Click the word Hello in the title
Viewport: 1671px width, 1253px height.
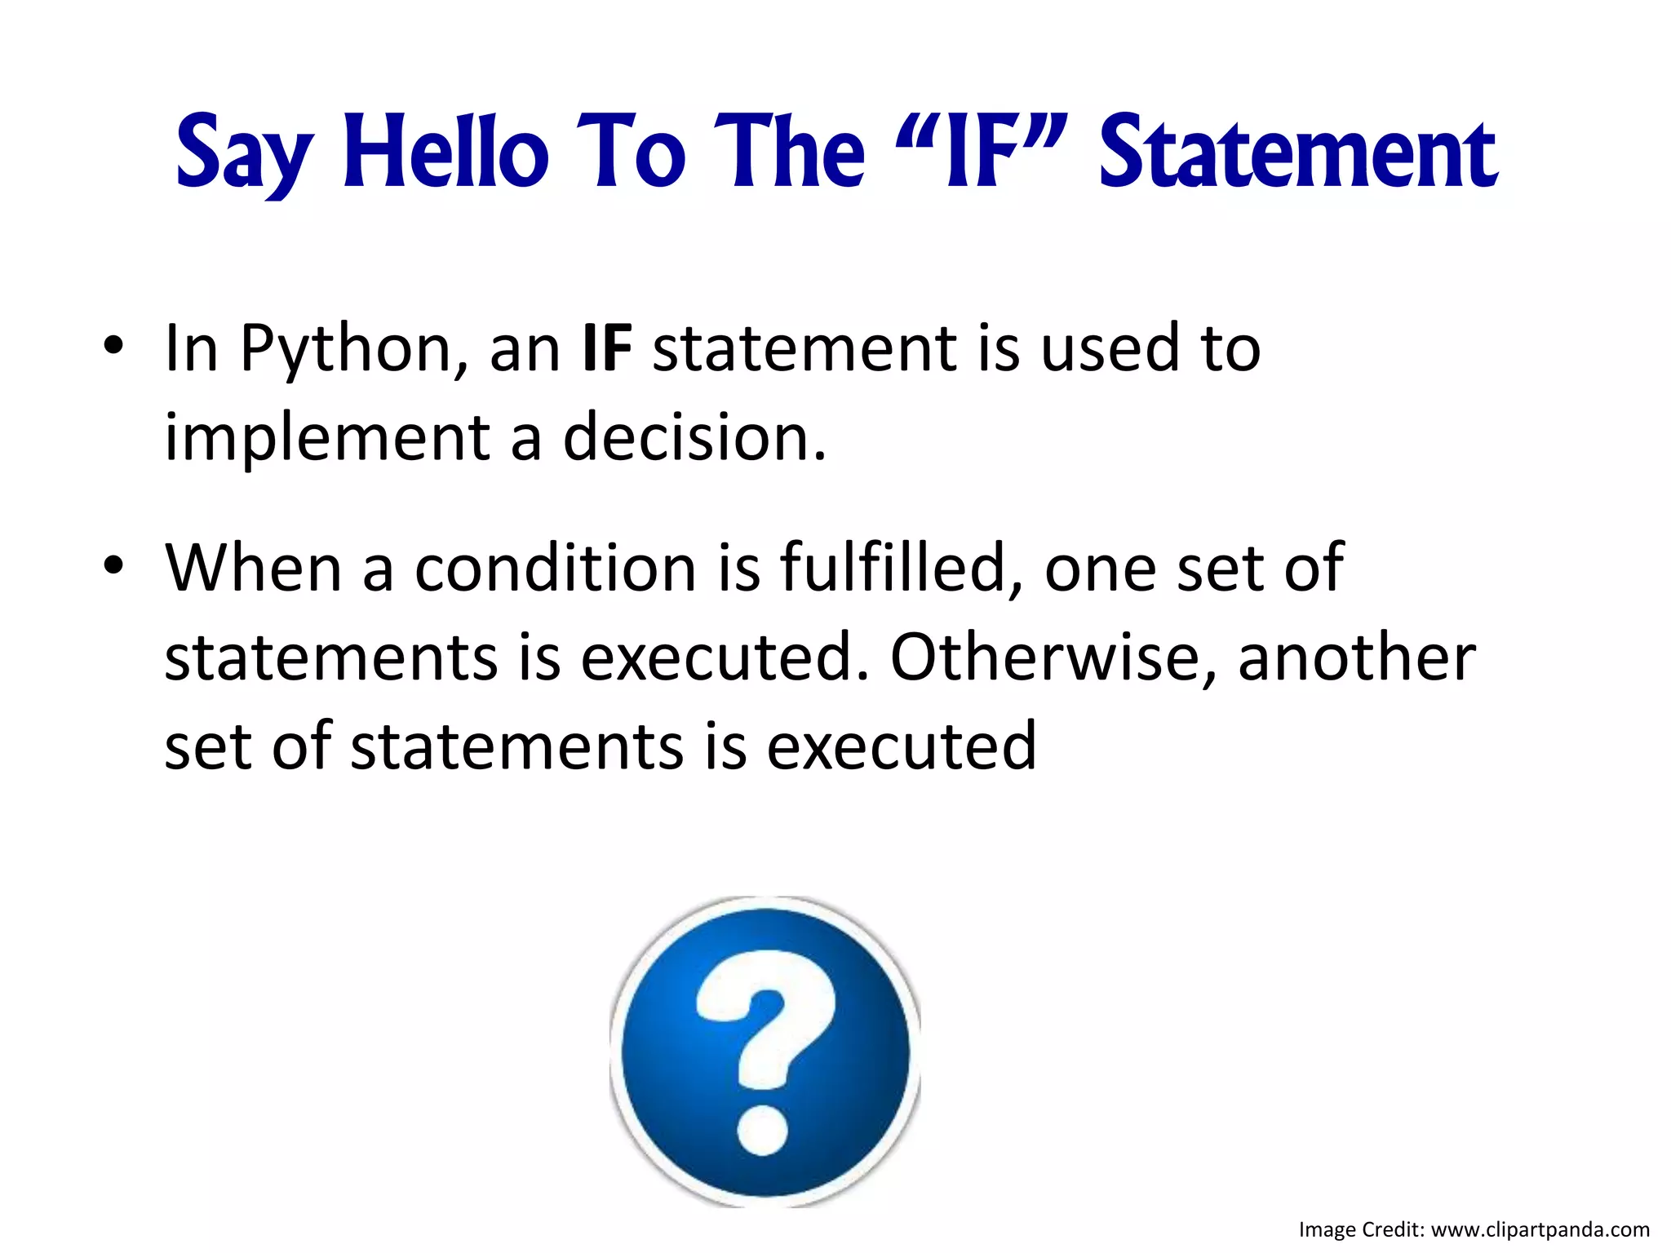pos(445,153)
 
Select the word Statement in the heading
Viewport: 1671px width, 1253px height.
pos(1297,153)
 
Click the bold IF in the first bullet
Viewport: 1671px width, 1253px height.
pos(608,348)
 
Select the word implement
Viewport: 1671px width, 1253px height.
pos(327,439)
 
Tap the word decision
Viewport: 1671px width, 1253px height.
pos(694,437)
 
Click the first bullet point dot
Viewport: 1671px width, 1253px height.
pos(113,347)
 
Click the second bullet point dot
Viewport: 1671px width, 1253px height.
pos(113,566)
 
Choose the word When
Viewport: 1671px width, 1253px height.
pos(253,568)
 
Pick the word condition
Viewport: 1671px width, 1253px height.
pos(555,568)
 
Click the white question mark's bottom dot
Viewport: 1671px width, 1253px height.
pos(763,1130)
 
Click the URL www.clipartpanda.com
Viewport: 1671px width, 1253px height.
pos(1540,1229)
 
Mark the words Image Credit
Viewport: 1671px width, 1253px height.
pos(1361,1229)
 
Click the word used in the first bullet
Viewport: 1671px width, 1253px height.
pos(1110,348)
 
